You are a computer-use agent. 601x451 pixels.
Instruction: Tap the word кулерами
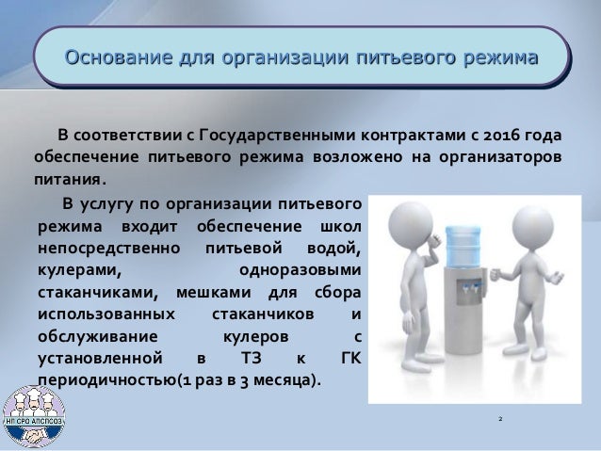(73, 269)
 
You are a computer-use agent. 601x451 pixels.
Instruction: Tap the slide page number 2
(501, 414)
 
